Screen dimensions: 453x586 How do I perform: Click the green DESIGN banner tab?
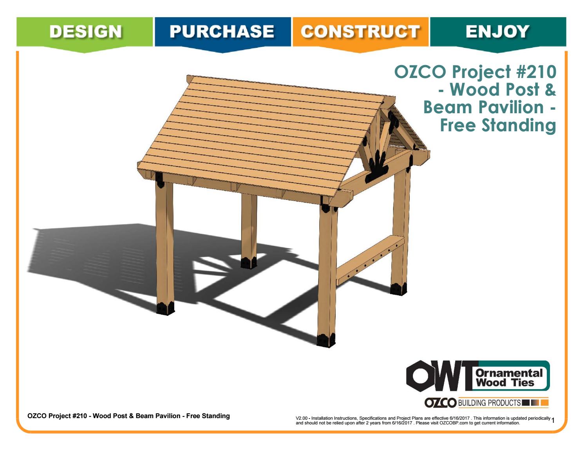[85, 32]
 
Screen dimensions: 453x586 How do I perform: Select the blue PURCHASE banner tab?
[222, 32]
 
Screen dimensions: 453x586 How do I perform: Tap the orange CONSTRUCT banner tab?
[360, 32]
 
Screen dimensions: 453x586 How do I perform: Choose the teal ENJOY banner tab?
[497, 32]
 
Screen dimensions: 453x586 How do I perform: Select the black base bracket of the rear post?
[248, 263]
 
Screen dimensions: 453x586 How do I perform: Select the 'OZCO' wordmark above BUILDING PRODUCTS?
[440, 402]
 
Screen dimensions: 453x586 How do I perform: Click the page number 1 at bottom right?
[553, 421]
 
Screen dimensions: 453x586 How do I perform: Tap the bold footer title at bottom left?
[128, 416]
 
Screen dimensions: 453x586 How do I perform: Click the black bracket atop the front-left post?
[160, 179]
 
